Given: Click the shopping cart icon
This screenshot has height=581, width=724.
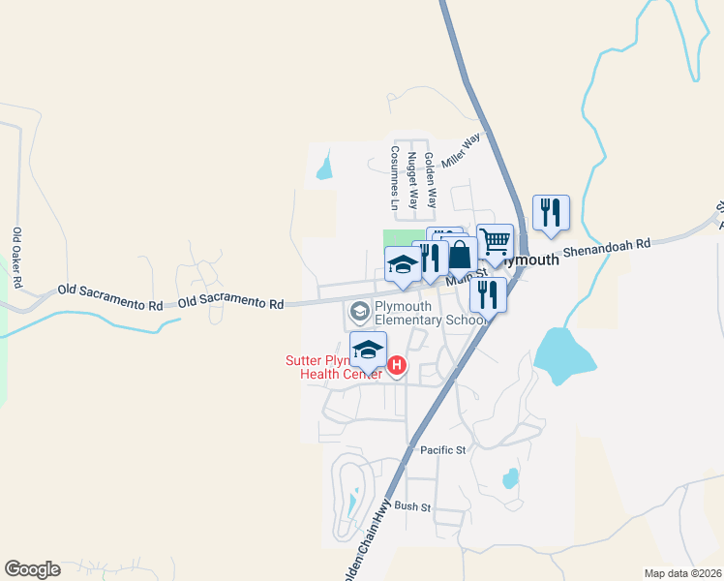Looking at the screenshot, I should coord(495,241).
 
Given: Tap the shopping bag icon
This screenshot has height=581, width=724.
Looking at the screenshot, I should coord(460,255).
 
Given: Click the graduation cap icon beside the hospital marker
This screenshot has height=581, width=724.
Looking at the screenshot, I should coord(368,350).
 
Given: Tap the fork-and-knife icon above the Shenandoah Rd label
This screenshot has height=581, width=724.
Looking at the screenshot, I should coord(551,212).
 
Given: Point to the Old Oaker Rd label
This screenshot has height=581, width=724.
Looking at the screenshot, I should coord(17,259).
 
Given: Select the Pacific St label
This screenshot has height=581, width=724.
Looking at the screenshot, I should coord(443,450).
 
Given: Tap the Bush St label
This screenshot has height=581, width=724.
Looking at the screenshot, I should coord(411,506).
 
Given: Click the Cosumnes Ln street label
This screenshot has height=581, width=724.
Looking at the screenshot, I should coord(395,178).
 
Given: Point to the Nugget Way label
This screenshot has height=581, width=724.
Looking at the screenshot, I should coord(412,181).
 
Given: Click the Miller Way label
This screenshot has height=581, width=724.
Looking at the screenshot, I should coord(461,151).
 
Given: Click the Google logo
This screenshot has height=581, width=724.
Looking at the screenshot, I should coord(32,569).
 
